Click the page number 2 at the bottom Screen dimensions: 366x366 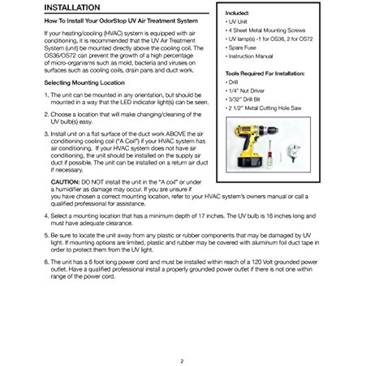click(x=182, y=361)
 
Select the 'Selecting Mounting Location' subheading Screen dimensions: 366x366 click(x=84, y=83)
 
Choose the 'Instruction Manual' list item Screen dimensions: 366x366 click(x=251, y=56)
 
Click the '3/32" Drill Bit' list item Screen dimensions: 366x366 click(x=247, y=99)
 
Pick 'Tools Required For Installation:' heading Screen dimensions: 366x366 click(x=265, y=73)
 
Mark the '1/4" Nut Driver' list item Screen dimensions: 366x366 click(x=247, y=91)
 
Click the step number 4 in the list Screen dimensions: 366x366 click(x=46, y=215)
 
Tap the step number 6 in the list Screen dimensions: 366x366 click(x=46, y=262)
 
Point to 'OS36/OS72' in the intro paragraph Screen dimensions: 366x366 click(x=62, y=55)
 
